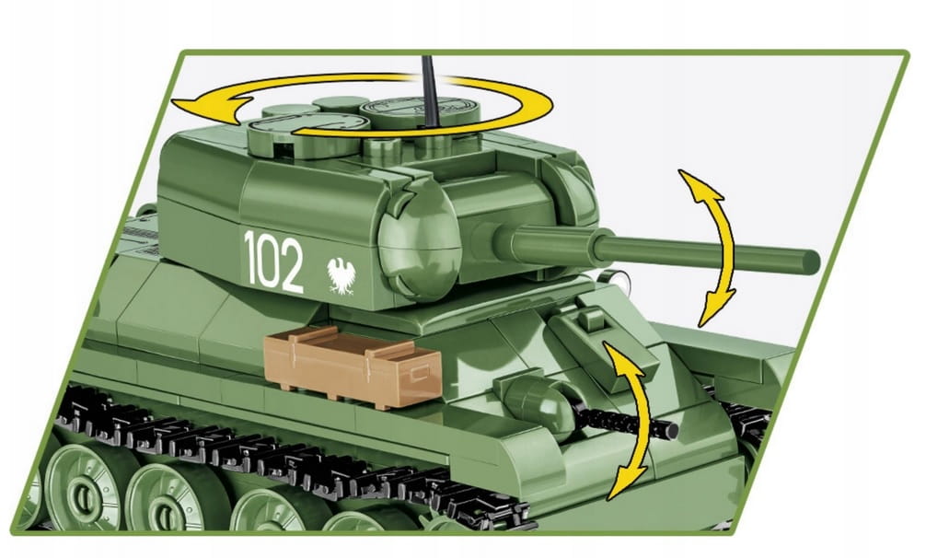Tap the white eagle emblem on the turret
[x=341, y=275]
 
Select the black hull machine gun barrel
[x=625, y=421]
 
